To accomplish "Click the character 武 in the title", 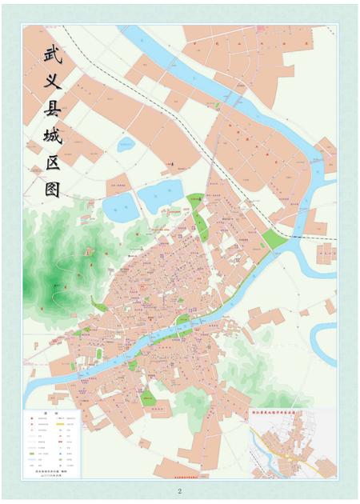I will click(x=54, y=55).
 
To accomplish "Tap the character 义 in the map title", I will click(x=54, y=82).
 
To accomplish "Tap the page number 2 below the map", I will click(x=180, y=490).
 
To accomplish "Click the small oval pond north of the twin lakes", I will click(x=126, y=146).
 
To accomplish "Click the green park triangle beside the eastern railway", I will click(x=274, y=239).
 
